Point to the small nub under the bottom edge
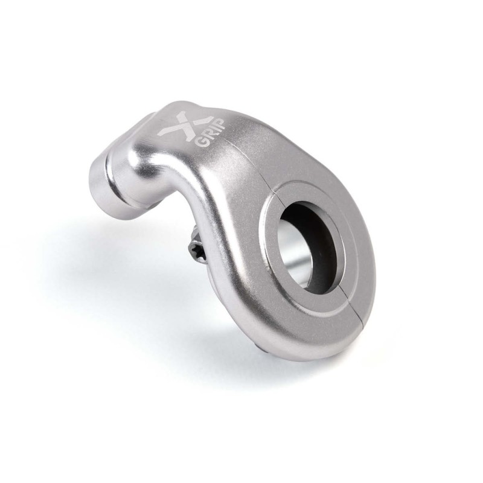click(x=260, y=347)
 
